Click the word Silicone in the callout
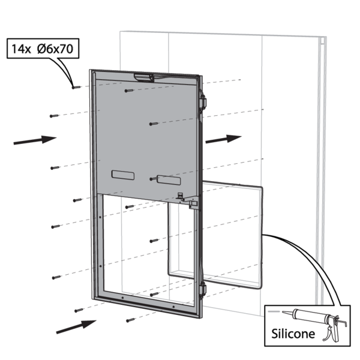[x=293, y=333]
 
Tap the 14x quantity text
[x=21, y=49]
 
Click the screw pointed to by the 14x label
[x=75, y=88]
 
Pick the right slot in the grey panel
[x=169, y=179]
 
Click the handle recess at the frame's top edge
[x=144, y=76]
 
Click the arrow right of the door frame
[x=223, y=139]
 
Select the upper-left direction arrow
[x=34, y=140]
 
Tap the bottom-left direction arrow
[x=76, y=326]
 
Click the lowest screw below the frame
[x=128, y=320]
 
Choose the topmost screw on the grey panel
[x=128, y=91]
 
